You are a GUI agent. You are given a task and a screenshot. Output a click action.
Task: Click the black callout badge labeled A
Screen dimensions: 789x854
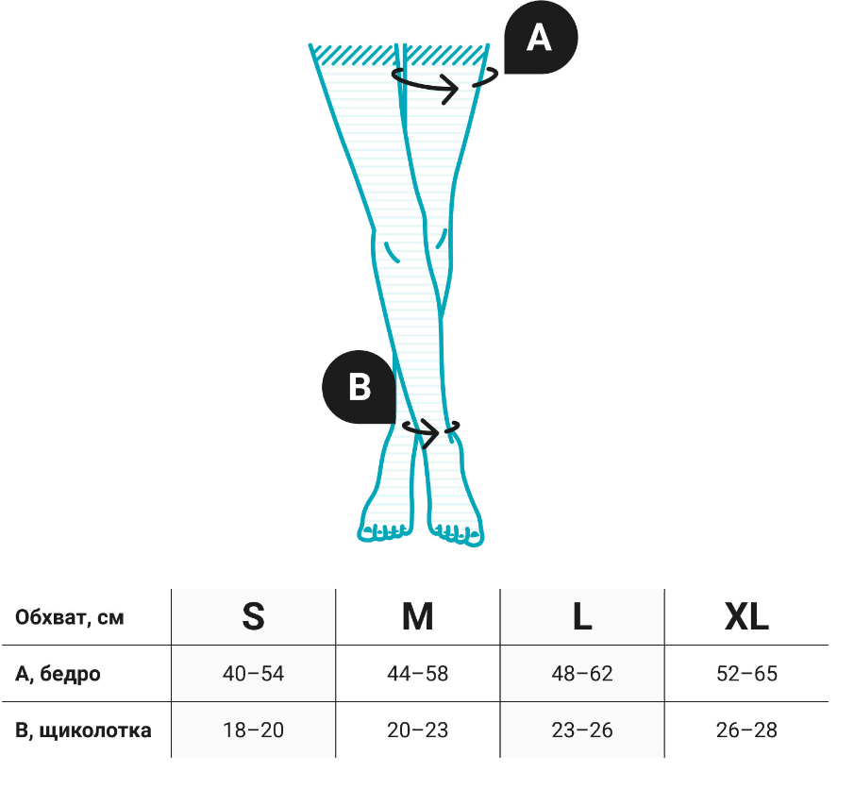[539, 39]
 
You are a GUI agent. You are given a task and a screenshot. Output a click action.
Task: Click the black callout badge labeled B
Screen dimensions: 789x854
[359, 387]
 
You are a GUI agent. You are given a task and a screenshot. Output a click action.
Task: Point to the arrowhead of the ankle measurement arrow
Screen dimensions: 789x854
[434, 434]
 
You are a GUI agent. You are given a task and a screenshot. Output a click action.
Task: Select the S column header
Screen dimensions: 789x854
[253, 617]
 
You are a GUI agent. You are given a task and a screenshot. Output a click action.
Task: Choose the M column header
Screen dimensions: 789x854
[417, 617]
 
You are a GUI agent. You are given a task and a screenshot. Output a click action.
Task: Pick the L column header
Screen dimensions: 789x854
[582, 617]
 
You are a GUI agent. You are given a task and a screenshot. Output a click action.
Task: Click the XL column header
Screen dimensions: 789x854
[746, 617]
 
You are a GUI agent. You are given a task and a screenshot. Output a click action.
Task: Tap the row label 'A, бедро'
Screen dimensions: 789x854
[59, 674]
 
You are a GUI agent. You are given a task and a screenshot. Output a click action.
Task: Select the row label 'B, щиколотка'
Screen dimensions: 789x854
[84, 730]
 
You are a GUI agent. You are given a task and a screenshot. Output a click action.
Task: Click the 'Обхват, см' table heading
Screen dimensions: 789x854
[70, 618]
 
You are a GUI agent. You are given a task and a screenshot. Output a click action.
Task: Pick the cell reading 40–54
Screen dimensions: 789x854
[253, 674]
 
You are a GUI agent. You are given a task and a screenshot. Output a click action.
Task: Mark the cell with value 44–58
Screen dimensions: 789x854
[417, 674]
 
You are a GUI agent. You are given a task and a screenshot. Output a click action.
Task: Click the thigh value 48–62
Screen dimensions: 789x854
[582, 674]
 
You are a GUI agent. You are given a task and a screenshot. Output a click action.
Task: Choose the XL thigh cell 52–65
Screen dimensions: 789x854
[746, 674]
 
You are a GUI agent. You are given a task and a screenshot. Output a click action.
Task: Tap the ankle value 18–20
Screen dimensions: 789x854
[253, 730]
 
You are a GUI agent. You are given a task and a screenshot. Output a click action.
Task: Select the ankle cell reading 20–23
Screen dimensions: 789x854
[417, 730]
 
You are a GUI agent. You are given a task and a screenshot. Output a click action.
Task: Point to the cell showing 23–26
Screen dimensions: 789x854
[582, 730]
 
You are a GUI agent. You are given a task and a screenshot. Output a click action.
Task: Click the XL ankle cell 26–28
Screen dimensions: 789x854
[746, 730]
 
